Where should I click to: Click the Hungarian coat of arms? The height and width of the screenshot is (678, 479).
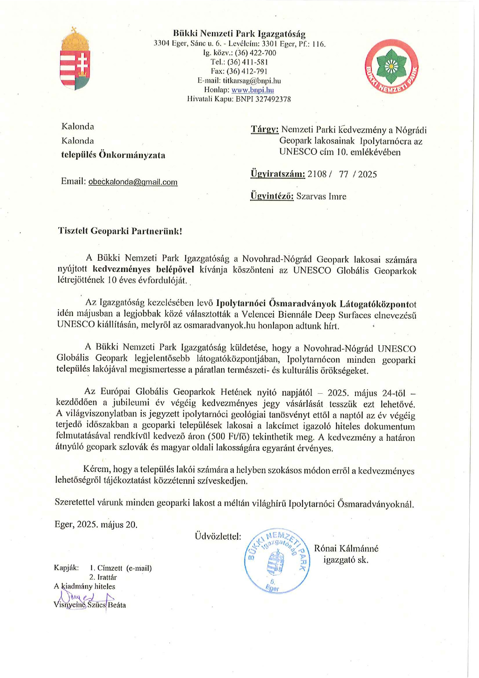point(75,59)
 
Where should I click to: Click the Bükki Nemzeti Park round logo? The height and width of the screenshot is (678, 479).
point(391,67)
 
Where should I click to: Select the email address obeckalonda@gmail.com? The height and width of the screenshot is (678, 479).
point(133,182)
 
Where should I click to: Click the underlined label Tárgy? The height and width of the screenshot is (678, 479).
point(264,130)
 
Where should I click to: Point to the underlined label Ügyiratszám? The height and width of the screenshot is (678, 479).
point(278,174)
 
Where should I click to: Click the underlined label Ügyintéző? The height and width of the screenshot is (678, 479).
point(272,196)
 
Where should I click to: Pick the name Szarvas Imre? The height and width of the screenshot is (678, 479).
point(321,196)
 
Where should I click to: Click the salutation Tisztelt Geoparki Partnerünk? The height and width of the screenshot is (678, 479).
point(120,231)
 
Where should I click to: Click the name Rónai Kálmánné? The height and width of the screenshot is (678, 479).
point(346,548)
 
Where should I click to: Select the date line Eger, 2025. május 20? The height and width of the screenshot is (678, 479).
point(96,524)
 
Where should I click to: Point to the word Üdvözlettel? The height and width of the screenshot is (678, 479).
point(218,536)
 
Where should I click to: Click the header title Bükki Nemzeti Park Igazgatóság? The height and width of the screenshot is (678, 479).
point(239,34)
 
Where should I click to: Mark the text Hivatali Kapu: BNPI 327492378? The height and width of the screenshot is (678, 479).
point(239,99)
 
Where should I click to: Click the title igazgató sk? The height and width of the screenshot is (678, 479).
point(346,559)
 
